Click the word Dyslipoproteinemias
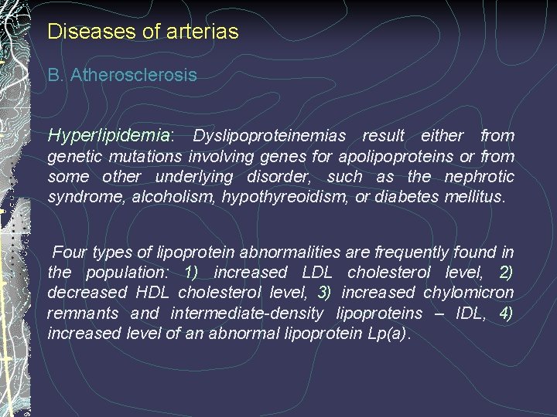269,137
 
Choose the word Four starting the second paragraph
70,253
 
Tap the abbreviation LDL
317,273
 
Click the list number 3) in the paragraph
325,293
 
